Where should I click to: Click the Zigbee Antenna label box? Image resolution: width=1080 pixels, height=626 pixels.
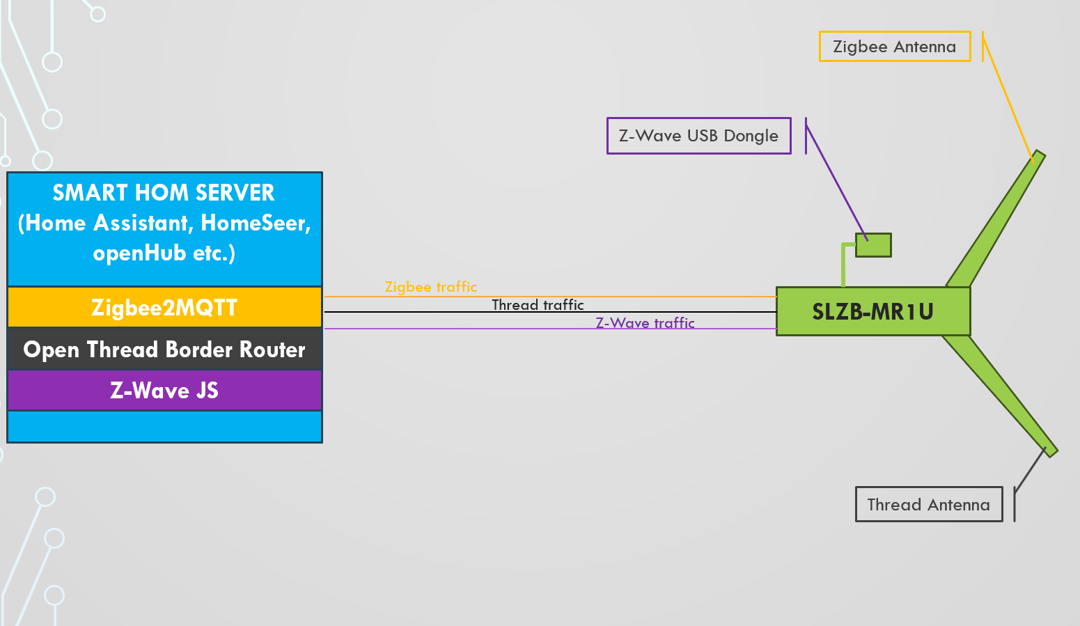895,47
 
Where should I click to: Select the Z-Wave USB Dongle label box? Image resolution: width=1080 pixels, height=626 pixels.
698,136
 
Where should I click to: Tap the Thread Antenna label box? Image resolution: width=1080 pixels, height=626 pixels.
928,505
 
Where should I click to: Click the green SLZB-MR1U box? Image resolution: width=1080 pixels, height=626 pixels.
873,311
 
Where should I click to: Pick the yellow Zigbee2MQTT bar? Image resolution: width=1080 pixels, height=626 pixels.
164,307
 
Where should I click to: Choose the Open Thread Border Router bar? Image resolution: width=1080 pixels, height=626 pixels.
164,349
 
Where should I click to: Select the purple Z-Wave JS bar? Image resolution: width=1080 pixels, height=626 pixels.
164,390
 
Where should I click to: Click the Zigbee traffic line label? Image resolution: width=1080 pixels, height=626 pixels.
431,287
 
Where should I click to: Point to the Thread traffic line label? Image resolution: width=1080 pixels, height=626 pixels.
538,305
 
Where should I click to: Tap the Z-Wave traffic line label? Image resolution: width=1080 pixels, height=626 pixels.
645,323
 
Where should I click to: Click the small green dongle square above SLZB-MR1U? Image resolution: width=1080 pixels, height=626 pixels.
873,245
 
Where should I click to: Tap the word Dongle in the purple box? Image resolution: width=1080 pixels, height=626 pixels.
751,136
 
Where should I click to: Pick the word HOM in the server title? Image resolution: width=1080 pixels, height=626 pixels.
161,192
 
